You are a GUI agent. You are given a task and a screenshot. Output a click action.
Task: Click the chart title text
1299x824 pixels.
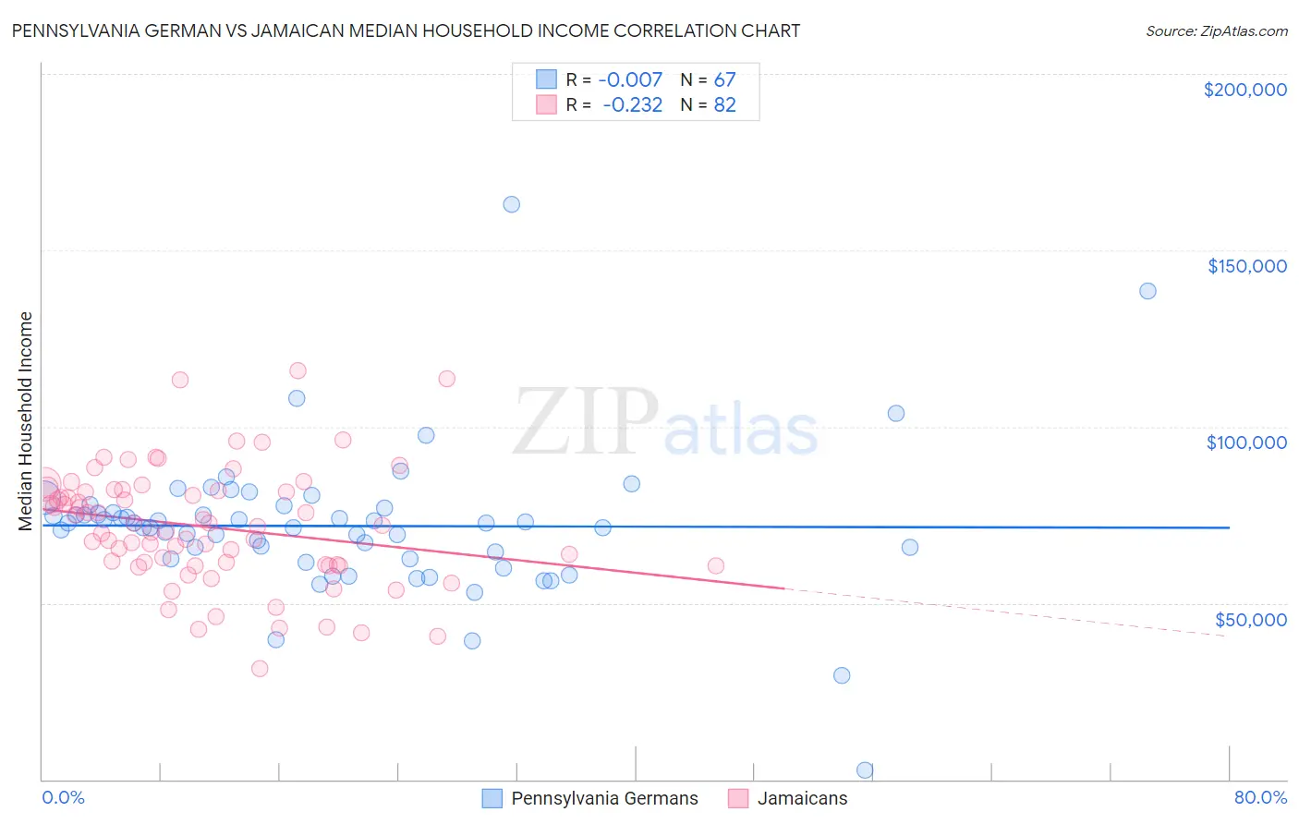[406, 30]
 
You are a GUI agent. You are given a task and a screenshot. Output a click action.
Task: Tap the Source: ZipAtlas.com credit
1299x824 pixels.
[1216, 31]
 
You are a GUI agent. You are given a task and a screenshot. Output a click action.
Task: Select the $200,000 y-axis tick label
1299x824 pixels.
[1244, 90]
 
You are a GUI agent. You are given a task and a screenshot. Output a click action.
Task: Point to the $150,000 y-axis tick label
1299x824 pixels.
[1246, 266]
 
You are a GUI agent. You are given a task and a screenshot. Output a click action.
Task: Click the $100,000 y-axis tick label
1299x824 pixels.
[1246, 442]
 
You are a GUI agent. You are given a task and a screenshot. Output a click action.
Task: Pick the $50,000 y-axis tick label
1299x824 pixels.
[1250, 619]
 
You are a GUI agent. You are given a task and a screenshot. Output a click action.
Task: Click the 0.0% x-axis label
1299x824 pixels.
[63, 797]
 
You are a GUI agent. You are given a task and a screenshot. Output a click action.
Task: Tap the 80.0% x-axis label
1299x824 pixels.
[1260, 797]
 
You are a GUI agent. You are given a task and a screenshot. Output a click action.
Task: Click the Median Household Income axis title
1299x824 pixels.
[26, 421]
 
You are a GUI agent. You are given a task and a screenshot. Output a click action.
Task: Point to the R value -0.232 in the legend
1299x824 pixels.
[632, 105]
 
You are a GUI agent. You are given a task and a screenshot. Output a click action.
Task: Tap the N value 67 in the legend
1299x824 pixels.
[724, 80]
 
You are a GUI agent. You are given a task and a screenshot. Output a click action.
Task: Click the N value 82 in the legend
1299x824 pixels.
[724, 105]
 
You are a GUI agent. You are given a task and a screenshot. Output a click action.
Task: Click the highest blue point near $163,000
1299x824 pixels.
[511, 204]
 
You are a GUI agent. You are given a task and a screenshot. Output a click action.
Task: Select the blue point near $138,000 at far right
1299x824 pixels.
[1147, 291]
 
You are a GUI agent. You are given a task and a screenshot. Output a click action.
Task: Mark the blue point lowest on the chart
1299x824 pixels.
[865, 769]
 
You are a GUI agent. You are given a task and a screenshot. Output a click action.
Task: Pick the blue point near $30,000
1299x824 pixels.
[842, 675]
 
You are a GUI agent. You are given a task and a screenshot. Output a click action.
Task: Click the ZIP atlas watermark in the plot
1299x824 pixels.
[665, 423]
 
